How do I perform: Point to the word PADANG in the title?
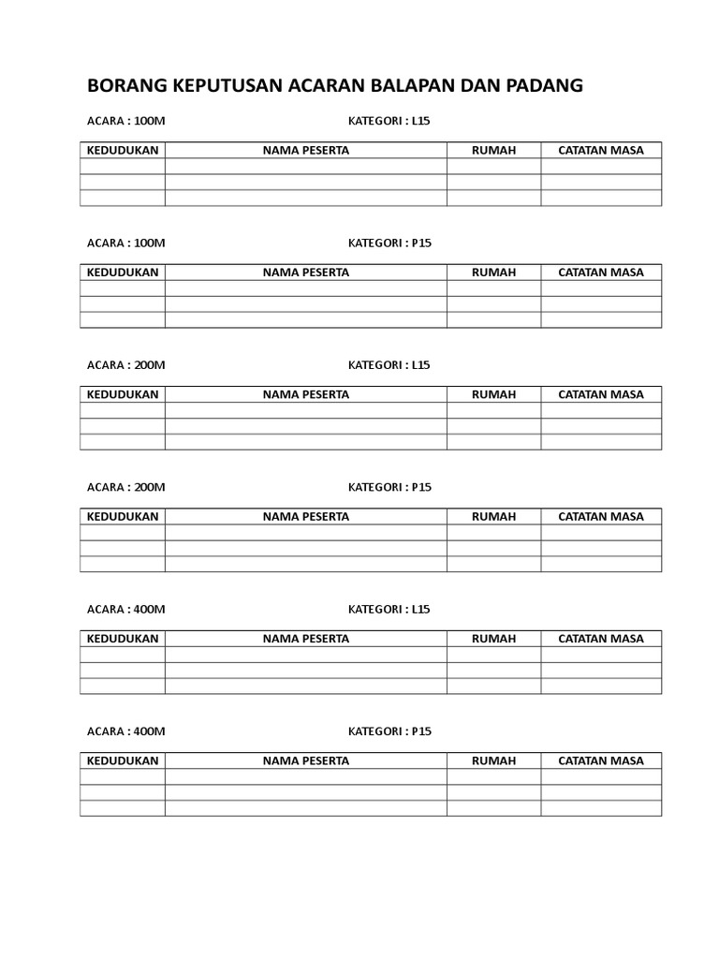[x=546, y=86]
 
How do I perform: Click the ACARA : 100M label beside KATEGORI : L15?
[x=125, y=121]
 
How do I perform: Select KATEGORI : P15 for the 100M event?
[x=389, y=243]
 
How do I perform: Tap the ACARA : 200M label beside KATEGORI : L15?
[x=125, y=365]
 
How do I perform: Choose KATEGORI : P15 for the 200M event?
[x=389, y=487]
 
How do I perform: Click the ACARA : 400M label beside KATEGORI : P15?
[x=125, y=731]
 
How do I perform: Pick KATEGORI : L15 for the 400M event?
[x=389, y=610]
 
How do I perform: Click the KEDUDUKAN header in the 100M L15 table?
[x=123, y=150]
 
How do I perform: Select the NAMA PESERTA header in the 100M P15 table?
[x=305, y=273]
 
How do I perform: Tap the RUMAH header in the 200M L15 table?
[x=493, y=394]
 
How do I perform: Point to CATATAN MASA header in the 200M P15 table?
[x=601, y=516]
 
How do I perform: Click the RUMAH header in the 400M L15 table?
[x=493, y=639]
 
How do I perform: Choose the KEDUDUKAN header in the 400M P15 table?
[x=123, y=760]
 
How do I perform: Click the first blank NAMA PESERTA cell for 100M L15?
[x=305, y=167]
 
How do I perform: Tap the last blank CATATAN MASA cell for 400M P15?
[x=601, y=807]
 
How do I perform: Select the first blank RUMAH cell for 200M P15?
[x=493, y=532]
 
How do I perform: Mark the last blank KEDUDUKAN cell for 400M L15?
[x=123, y=686]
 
